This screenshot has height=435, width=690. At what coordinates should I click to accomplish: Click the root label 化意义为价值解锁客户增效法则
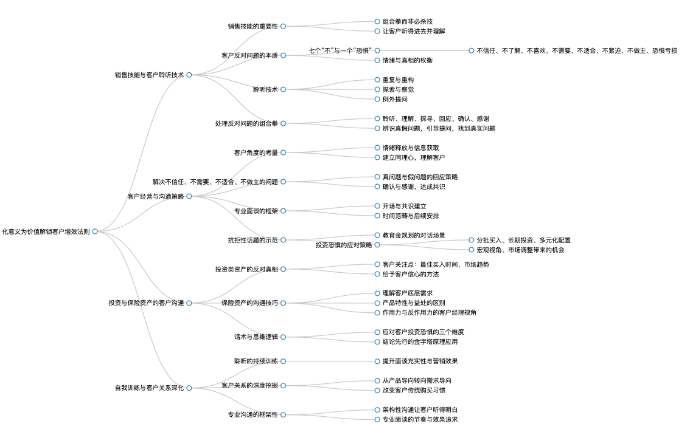(46, 231)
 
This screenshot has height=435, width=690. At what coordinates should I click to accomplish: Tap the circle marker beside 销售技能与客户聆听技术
(189, 75)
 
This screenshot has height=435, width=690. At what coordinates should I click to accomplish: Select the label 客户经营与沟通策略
(156, 196)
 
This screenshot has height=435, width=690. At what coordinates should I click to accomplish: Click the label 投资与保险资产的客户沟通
(147, 303)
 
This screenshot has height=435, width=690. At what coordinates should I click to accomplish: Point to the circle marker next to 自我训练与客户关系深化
(189, 388)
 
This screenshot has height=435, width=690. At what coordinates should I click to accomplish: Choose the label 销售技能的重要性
(253, 26)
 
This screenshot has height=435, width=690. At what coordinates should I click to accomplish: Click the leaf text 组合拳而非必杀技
(408, 21)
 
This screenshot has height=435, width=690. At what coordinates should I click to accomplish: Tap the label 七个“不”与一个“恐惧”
(341, 50)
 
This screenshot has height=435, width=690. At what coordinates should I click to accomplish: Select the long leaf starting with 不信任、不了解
(577, 51)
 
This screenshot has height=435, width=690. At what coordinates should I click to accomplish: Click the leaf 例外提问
(395, 99)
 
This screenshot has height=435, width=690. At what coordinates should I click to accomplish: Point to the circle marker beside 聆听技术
(284, 90)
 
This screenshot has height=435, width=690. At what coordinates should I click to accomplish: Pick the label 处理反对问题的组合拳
(247, 124)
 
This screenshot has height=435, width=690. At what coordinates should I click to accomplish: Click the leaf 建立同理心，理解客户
(414, 158)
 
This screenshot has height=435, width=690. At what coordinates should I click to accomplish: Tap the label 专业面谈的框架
(256, 211)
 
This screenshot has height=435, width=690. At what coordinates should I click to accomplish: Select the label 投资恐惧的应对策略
(344, 245)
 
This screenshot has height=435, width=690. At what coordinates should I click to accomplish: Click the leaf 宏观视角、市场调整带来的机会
(521, 250)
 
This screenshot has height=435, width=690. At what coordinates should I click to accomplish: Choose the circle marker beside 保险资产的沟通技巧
(284, 303)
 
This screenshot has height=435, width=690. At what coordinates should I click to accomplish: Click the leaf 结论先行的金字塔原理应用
(420, 342)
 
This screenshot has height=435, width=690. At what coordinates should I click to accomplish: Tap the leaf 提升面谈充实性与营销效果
(420, 361)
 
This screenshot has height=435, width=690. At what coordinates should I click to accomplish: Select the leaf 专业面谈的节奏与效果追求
(420, 420)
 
